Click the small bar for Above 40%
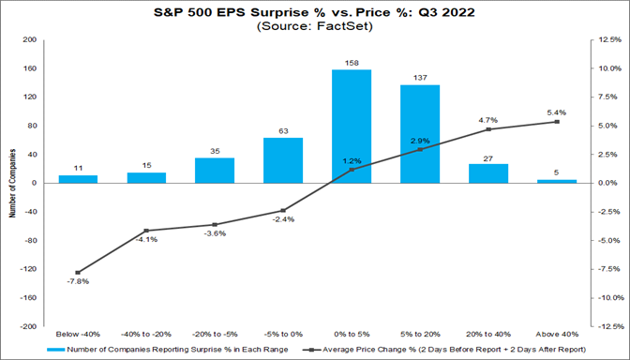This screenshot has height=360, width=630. [557, 181]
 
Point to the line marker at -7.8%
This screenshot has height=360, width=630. [78, 272]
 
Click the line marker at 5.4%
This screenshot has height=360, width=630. [557, 122]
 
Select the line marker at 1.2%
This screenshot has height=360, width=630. [352, 170]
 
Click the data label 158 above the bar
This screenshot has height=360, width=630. [352, 64]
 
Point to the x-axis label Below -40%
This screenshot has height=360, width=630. [78, 333]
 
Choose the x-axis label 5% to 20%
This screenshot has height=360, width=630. [420, 333]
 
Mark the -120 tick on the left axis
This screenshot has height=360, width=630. [29, 269]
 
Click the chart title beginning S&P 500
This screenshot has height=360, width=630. [315, 14]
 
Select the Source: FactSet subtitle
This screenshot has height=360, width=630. [315, 28]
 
